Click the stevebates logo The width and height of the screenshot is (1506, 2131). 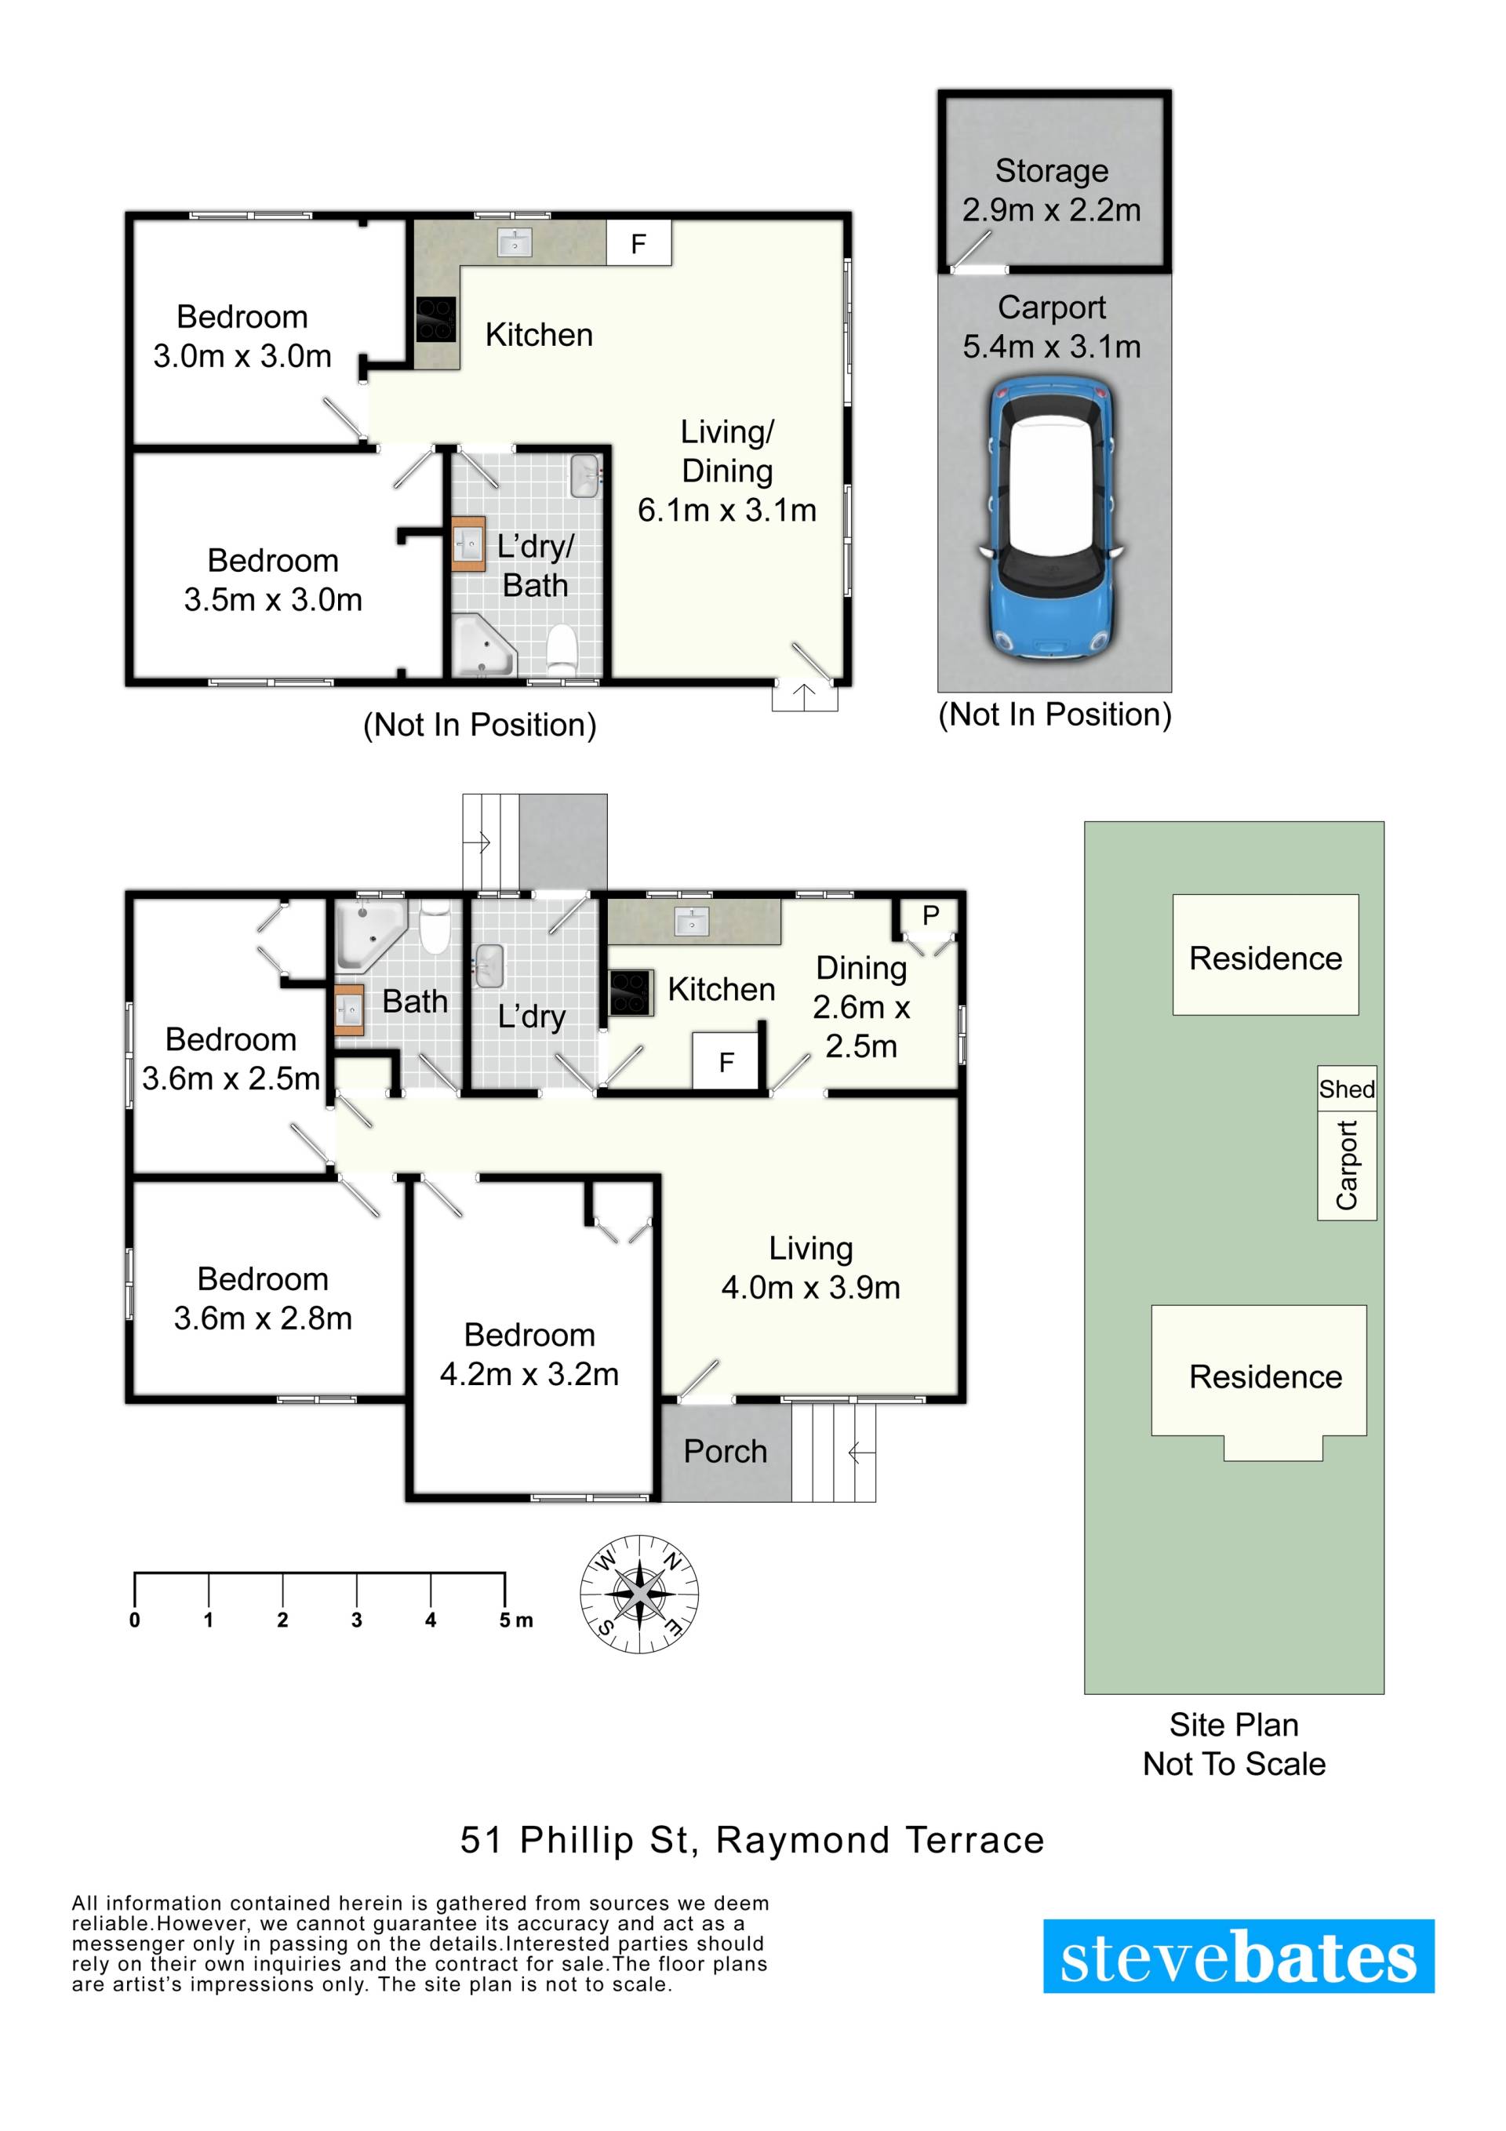(x=1239, y=1957)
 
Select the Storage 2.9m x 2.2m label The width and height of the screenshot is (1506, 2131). (x=1051, y=191)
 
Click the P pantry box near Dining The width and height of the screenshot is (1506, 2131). (x=930, y=915)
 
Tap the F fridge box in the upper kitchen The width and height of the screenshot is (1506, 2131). (x=638, y=243)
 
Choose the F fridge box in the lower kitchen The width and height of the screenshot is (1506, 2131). (x=726, y=1061)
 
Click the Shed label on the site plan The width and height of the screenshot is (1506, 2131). (x=1346, y=1089)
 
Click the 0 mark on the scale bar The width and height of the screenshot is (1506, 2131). (x=135, y=1620)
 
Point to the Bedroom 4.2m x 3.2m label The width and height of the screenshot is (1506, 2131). (x=529, y=1355)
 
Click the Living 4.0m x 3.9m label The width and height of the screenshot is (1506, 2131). (x=810, y=1267)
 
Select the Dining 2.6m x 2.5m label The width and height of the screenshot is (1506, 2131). (x=861, y=1007)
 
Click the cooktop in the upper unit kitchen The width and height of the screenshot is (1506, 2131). (x=435, y=319)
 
